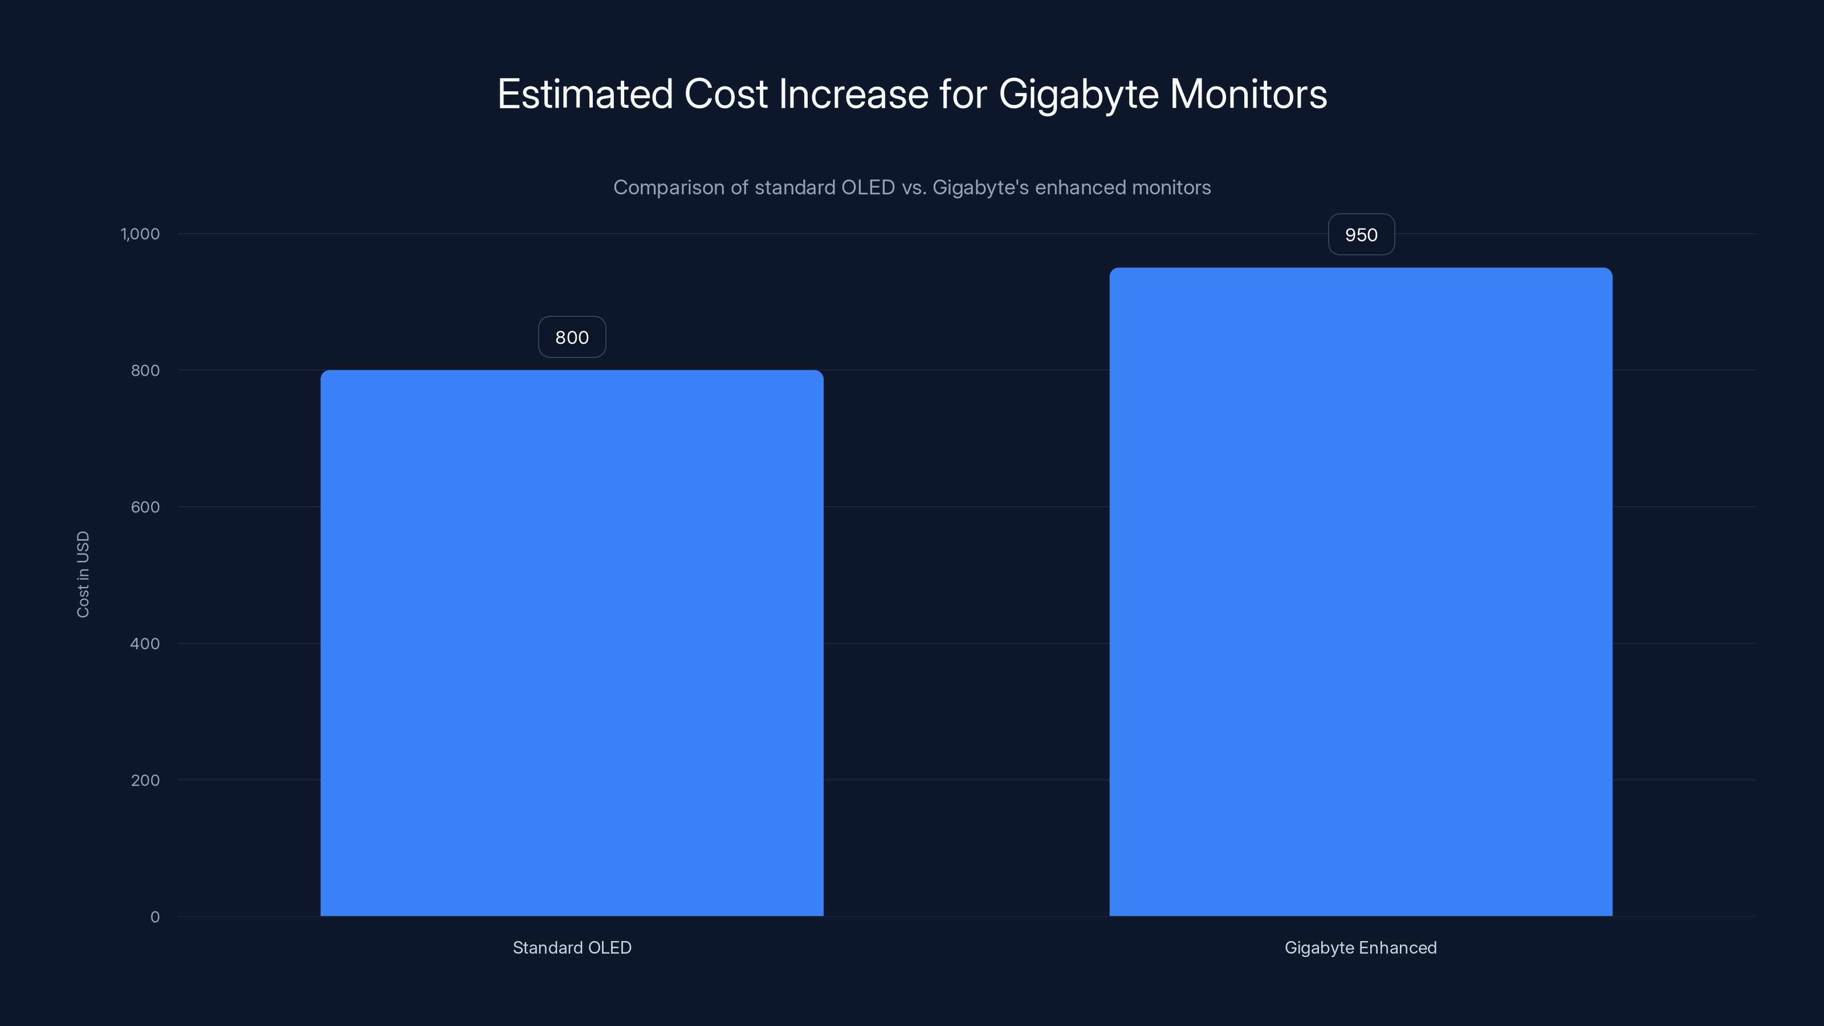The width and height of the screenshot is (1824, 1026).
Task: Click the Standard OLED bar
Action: tap(571, 643)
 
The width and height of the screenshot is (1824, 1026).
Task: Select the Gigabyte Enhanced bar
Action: tap(1360, 592)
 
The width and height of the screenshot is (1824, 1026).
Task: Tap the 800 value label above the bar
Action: tap(571, 337)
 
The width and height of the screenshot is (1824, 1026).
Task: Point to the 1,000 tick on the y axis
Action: tap(140, 234)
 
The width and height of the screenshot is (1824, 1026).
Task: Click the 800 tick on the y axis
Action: tap(145, 370)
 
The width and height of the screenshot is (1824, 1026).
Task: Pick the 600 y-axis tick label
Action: tap(145, 507)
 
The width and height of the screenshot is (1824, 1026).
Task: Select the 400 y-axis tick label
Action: tap(145, 644)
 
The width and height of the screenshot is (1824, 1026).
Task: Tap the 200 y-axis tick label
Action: tap(145, 780)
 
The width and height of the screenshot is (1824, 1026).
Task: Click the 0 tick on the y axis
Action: tap(155, 917)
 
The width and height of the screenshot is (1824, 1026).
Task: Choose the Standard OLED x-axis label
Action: tap(571, 947)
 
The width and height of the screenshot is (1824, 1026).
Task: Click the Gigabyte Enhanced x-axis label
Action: tap(1360, 947)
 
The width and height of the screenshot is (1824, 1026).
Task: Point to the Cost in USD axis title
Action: tap(83, 574)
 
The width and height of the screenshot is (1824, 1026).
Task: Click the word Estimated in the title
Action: tap(585, 94)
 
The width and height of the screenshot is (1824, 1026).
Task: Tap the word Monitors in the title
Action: tap(1248, 94)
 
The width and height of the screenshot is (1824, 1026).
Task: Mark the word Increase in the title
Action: tap(853, 94)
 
